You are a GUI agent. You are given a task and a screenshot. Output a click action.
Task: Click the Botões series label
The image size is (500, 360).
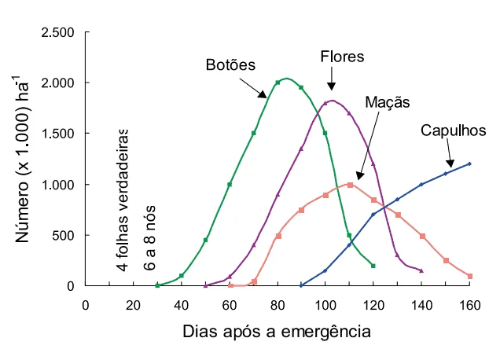[x=230, y=64]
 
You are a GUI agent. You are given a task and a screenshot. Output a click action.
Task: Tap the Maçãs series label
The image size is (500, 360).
[x=388, y=102]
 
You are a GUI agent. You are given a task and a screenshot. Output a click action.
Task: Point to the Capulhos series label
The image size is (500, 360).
[x=454, y=130]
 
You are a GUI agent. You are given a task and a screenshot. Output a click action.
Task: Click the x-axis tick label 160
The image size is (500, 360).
[x=469, y=305]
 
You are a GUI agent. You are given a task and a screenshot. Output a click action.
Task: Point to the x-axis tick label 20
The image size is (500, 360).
[x=134, y=305]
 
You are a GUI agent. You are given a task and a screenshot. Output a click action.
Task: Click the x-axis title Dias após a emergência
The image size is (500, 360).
[x=276, y=332]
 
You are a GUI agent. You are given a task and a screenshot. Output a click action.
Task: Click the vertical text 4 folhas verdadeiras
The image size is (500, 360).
[x=123, y=200]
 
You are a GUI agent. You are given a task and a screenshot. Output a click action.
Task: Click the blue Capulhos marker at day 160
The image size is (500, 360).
[x=469, y=163]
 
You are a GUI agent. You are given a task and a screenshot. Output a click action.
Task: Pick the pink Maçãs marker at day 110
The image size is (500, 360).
[x=349, y=185]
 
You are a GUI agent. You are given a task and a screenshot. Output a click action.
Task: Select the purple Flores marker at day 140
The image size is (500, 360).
[x=421, y=270]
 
